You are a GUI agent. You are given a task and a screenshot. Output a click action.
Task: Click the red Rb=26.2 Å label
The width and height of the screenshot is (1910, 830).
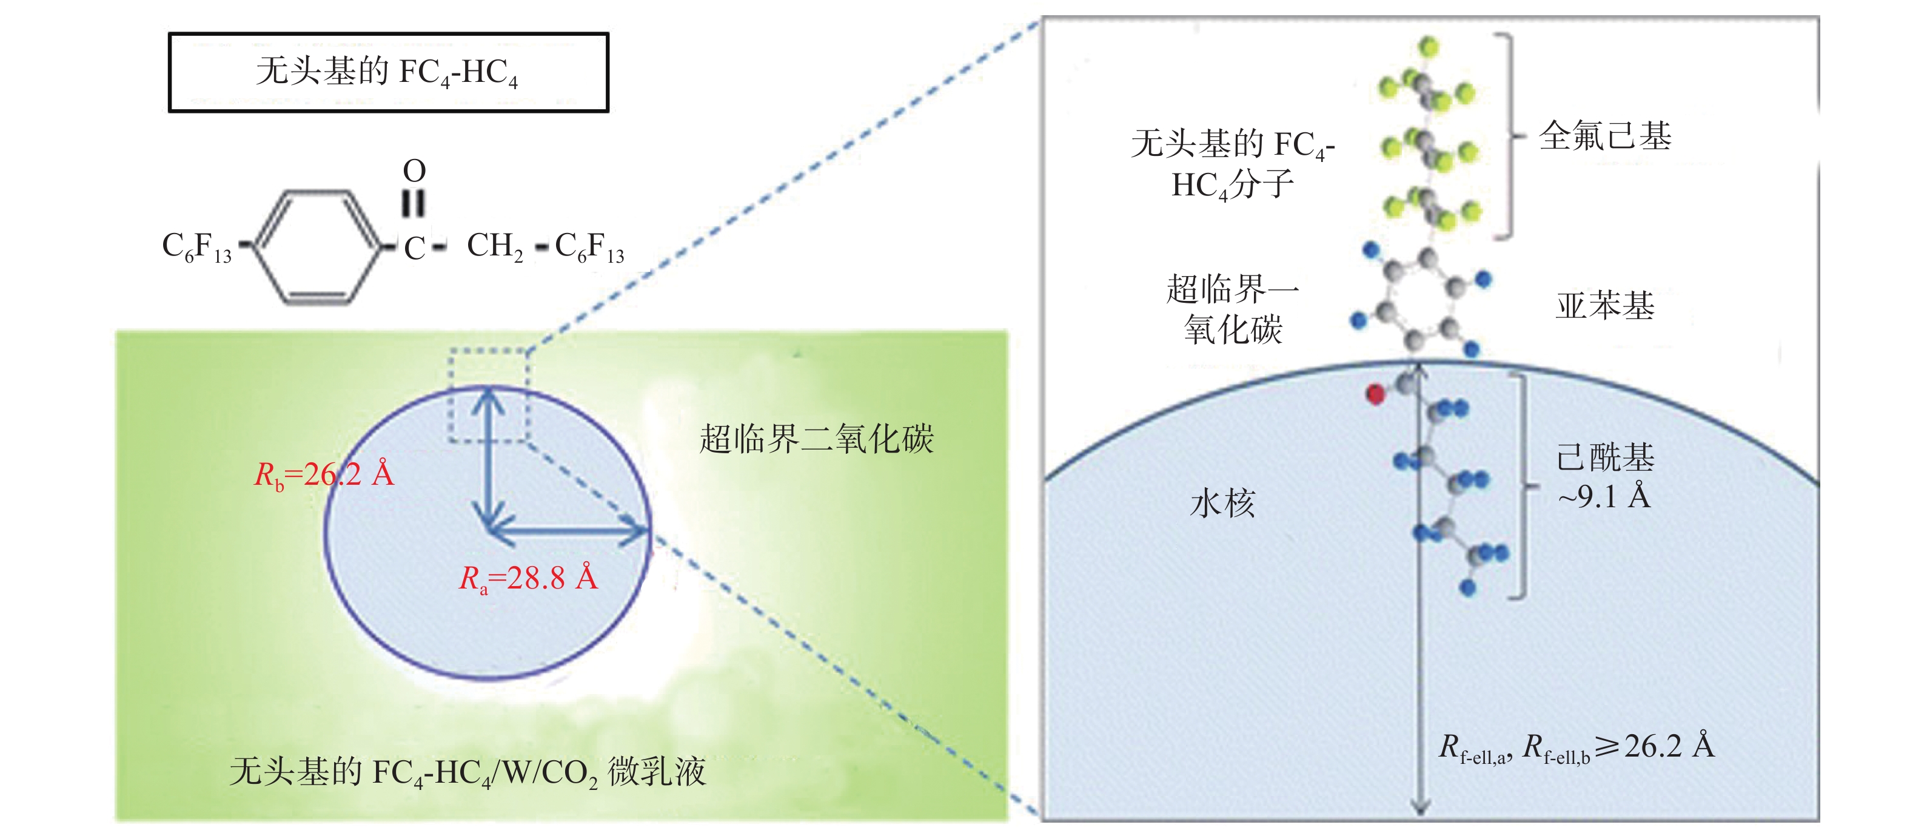click(324, 474)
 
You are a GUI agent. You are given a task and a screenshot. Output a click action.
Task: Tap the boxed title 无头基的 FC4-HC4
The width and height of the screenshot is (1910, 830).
click(388, 73)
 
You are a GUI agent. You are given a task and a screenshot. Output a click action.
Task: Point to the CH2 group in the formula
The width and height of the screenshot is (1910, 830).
click(495, 246)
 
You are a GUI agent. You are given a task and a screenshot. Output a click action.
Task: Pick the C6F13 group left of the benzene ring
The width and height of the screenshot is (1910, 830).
click(196, 246)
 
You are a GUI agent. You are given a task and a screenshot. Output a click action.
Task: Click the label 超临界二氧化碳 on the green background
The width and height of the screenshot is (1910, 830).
click(816, 439)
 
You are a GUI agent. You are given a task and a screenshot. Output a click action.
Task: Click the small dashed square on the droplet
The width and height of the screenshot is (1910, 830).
click(487, 394)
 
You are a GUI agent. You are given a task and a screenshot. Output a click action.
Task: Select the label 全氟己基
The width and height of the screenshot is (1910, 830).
click(1605, 137)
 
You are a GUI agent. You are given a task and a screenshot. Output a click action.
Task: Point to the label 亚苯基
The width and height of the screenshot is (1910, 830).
click(1605, 306)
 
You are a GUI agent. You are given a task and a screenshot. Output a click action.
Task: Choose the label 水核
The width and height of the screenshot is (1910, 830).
click(1222, 504)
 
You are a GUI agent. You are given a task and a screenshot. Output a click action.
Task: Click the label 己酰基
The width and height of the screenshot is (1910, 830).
click(1605, 457)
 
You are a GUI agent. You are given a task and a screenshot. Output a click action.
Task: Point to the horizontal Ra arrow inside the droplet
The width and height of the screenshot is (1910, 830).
click(567, 531)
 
